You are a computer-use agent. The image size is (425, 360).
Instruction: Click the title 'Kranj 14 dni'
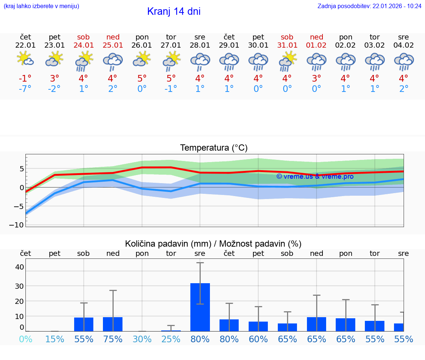[x=174, y=11]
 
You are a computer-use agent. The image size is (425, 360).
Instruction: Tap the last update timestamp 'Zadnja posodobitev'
[x=369, y=6]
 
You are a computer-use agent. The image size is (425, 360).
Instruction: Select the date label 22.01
[x=25, y=45]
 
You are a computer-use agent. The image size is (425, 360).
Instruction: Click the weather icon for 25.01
[x=113, y=61]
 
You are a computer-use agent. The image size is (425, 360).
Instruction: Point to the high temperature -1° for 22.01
[x=25, y=78]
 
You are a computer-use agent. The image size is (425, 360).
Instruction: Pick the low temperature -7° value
[x=25, y=89]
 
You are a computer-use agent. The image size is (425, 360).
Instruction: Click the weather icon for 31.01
[x=287, y=61]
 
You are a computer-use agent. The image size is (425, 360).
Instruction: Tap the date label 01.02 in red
[x=316, y=45]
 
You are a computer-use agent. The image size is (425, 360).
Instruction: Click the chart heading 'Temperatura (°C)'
[x=214, y=148]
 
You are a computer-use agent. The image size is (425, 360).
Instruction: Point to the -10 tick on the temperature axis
[x=18, y=225]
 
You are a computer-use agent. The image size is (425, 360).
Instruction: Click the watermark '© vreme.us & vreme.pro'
[x=315, y=176]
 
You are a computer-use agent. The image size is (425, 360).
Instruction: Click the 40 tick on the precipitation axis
[x=19, y=267]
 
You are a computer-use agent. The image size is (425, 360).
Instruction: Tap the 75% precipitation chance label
[x=113, y=339]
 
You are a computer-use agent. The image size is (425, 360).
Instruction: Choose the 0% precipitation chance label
[x=25, y=339]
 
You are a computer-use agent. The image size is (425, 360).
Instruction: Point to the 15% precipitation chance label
[x=55, y=339]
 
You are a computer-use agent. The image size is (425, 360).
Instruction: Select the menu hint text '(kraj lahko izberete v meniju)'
[x=41, y=6]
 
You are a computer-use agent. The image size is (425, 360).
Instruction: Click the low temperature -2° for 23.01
[x=54, y=89]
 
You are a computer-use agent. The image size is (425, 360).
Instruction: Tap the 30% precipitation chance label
[x=142, y=339]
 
